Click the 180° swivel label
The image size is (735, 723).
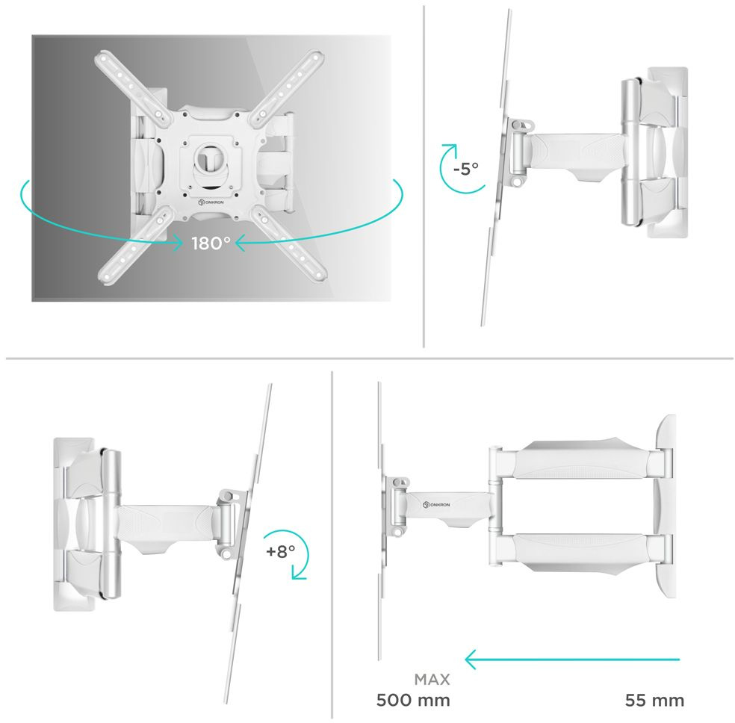point(211,243)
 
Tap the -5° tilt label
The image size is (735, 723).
point(466,168)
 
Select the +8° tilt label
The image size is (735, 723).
point(280,551)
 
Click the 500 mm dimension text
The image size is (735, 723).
point(413,700)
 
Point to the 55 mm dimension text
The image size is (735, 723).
point(654,700)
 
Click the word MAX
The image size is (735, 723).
point(432,679)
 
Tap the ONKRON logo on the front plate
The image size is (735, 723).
point(211,202)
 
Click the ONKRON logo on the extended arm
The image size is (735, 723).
point(436,504)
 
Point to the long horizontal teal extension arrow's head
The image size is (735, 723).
point(471,660)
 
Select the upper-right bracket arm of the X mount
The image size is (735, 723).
point(287,87)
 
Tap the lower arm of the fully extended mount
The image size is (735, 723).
point(581,553)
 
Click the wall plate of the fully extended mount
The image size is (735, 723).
point(666,506)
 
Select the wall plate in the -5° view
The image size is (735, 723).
point(668,152)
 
